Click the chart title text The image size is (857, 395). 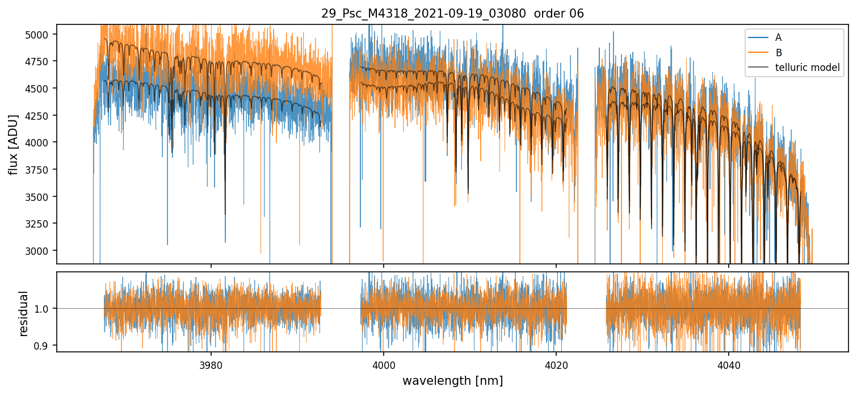452,14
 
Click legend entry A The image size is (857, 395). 778,37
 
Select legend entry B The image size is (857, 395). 778,53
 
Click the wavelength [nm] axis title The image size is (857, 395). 452,380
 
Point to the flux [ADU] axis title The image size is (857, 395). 13,144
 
